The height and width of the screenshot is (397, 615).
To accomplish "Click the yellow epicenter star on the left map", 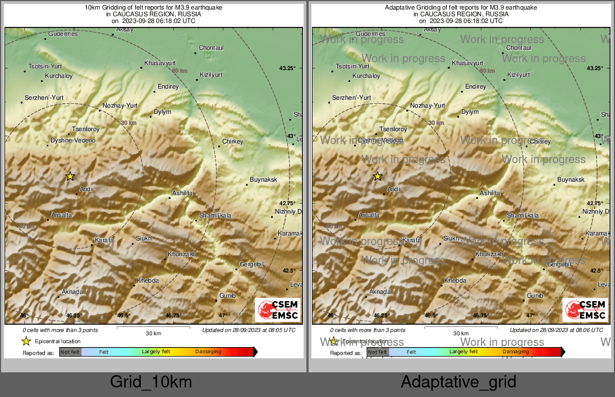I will click(x=70, y=176).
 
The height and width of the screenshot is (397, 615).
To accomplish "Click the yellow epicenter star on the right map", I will click(x=378, y=176).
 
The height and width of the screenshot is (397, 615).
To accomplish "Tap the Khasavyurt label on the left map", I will click(x=160, y=63).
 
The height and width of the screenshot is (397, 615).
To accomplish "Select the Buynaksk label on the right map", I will click(x=571, y=179).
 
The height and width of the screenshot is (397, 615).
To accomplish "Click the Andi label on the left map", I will click(x=86, y=189).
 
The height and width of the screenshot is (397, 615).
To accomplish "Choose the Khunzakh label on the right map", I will click(x=489, y=254).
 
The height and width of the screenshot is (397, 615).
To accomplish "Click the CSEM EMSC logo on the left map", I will click(x=278, y=310).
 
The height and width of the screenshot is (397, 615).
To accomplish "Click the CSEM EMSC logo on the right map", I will click(x=586, y=310).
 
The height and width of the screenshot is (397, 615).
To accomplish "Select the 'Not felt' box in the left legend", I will click(x=70, y=352).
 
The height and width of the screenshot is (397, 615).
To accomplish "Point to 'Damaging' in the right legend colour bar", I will click(x=515, y=352).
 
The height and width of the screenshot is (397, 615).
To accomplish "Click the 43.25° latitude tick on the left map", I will click(x=287, y=68).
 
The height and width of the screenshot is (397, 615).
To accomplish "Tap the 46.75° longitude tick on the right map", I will click(x=481, y=315).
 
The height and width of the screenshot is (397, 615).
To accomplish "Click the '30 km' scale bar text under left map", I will click(x=153, y=333).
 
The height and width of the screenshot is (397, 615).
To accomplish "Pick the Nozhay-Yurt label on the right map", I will click(x=428, y=105).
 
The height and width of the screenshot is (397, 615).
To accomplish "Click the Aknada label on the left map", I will click(x=72, y=292).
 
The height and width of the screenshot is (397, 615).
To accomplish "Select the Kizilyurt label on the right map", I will click(x=518, y=75).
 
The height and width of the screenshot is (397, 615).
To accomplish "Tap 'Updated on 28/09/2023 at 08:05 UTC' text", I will click(x=249, y=330).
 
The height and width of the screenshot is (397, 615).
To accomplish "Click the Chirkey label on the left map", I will click(x=232, y=141).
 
